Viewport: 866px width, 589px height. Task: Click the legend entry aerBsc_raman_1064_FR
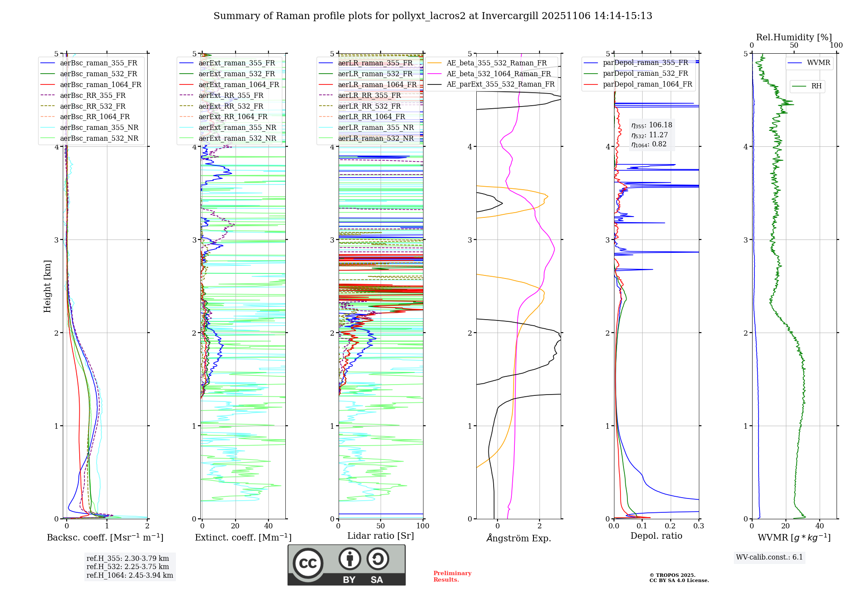(x=100, y=84)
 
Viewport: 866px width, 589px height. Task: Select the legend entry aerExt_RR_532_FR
(x=231, y=106)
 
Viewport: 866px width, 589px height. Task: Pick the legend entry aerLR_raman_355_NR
(x=375, y=127)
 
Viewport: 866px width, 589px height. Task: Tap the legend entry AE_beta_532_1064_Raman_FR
(x=498, y=74)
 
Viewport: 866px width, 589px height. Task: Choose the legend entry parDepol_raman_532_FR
(x=645, y=74)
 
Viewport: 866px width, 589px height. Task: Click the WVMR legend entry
(x=818, y=63)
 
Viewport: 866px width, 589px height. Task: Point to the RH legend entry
(x=816, y=86)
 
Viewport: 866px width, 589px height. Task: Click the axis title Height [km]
(x=47, y=286)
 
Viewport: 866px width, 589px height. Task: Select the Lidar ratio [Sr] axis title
(x=381, y=536)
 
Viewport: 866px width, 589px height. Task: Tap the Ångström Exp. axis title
(x=518, y=538)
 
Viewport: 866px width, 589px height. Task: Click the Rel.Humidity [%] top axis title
(x=794, y=37)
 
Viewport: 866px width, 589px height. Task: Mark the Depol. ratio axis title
(x=656, y=536)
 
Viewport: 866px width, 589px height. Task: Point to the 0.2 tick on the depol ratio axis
(x=670, y=526)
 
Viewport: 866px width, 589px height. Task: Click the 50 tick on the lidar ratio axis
(x=381, y=526)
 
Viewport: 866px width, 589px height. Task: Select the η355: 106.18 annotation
(x=652, y=125)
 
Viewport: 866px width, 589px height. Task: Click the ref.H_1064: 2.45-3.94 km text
(x=129, y=575)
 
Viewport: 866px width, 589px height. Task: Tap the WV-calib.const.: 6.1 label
(x=769, y=557)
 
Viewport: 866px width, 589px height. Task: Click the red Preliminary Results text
(x=452, y=576)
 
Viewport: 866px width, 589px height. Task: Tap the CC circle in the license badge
(x=308, y=563)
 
